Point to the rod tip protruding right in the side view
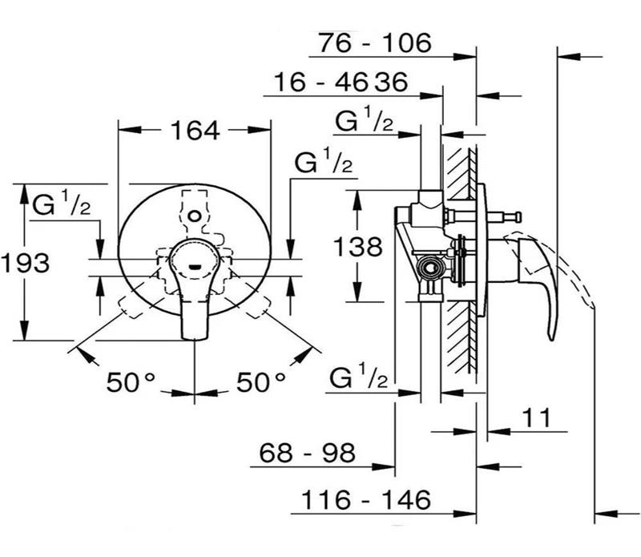click(x=518, y=215)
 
